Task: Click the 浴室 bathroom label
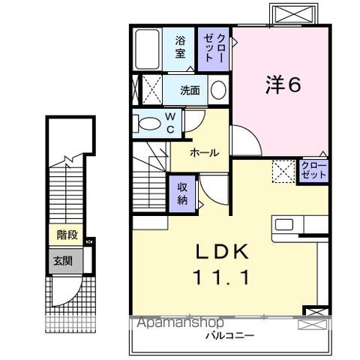point(181,47)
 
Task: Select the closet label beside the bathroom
point(209,47)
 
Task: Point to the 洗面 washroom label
point(189,91)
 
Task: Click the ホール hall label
point(203,153)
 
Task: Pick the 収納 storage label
point(183,193)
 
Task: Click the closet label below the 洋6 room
point(312,169)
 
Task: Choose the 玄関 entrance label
point(62,262)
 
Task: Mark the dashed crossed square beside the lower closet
point(284,171)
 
